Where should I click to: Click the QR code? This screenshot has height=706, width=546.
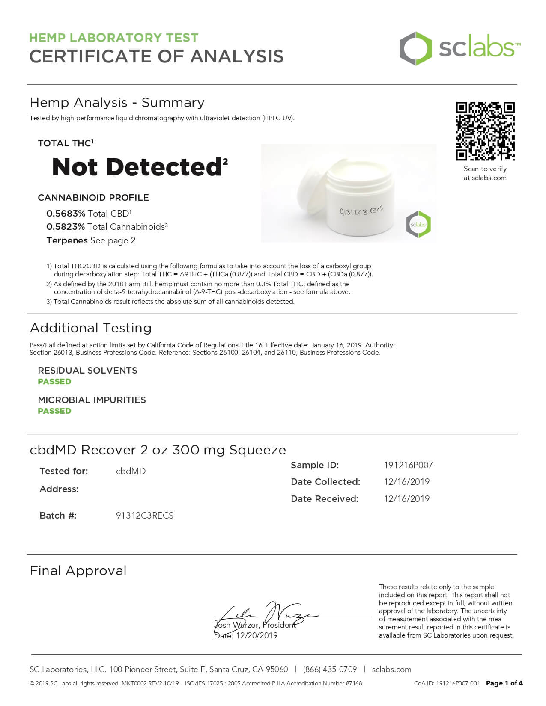[x=485, y=131]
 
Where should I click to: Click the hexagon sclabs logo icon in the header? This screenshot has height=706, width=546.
[x=415, y=48]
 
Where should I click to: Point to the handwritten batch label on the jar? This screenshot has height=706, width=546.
[x=361, y=211]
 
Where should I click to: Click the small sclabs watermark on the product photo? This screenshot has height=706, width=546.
[x=418, y=225]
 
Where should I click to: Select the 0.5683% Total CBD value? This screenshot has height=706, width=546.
[x=66, y=213]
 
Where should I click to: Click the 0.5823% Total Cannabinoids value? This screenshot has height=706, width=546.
[x=66, y=227]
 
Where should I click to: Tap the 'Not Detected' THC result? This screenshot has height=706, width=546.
[x=137, y=167]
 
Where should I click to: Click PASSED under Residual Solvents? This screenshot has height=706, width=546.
[x=54, y=381]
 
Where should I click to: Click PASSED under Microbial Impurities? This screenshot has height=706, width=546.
[x=54, y=411]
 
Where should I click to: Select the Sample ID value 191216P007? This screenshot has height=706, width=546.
[x=408, y=465]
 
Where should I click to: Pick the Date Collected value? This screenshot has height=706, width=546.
[x=406, y=482]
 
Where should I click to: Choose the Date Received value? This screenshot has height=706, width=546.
[x=406, y=499]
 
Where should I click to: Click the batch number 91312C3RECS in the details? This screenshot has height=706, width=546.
[x=145, y=516]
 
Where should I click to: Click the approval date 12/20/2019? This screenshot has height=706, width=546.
[x=257, y=636]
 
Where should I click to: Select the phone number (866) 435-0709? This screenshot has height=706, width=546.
[x=330, y=669]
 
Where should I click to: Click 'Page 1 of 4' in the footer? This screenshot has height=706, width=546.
[x=504, y=683]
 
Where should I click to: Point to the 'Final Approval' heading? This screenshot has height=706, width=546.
[x=78, y=570]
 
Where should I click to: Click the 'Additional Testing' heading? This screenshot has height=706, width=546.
[x=91, y=328]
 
